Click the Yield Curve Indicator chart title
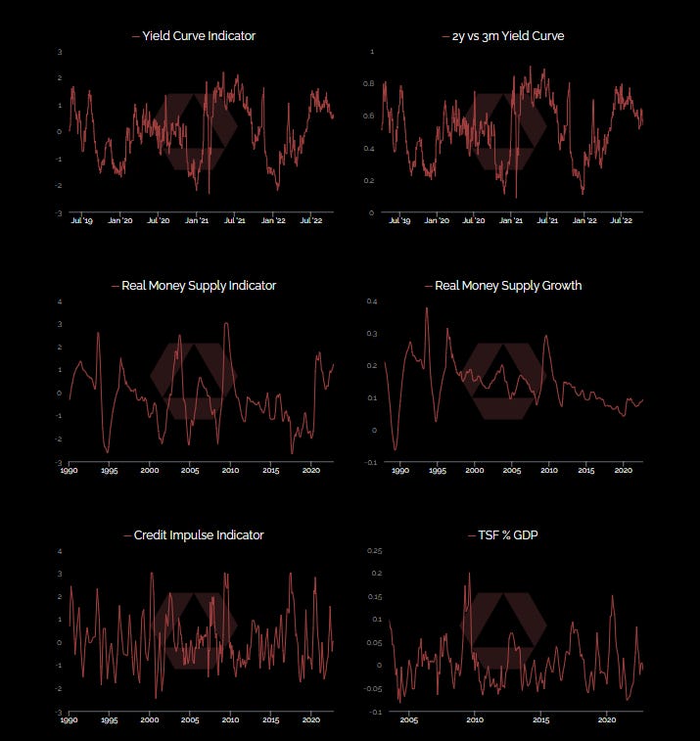[x=199, y=36]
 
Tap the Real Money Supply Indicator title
[x=199, y=286]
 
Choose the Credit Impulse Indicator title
[x=199, y=535]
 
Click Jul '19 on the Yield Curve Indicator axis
[x=82, y=220]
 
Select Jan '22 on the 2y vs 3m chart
[x=584, y=220]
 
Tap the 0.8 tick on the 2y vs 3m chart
[x=368, y=84]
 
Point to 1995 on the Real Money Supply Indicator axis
[x=109, y=471]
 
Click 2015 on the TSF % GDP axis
[x=540, y=719]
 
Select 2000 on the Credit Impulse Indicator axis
[x=150, y=719]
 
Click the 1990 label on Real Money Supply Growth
[x=398, y=471]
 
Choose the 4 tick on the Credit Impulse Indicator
[x=61, y=551]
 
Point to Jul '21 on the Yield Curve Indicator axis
[x=235, y=220]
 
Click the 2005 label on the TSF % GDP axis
[x=408, y=719]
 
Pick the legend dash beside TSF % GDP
[x=475, y=535]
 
